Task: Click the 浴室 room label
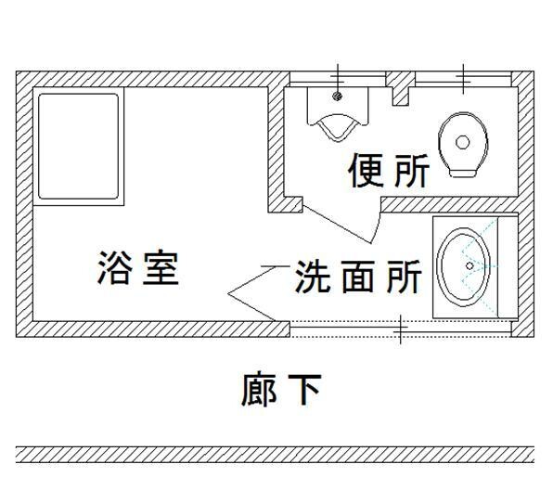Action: [138, 267]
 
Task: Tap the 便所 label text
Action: [389, 171]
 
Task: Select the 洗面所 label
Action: [358, 277]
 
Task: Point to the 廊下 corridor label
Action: [281, 390]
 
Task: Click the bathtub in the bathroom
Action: [78, 147]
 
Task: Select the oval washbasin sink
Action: [463, 266]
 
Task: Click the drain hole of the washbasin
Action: [469, 265]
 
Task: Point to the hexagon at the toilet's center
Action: [462, 142]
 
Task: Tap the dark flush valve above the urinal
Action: [338, 96]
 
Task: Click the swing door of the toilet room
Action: [341, 225]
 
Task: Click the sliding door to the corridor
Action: [401, 328]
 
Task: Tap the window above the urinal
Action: [338, 78]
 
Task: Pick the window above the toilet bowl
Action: [463, 78]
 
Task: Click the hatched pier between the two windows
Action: [401, 88]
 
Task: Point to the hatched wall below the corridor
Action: [275, 455]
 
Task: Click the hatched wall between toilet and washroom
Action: [450, 205]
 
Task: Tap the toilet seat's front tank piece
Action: [462, 173]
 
